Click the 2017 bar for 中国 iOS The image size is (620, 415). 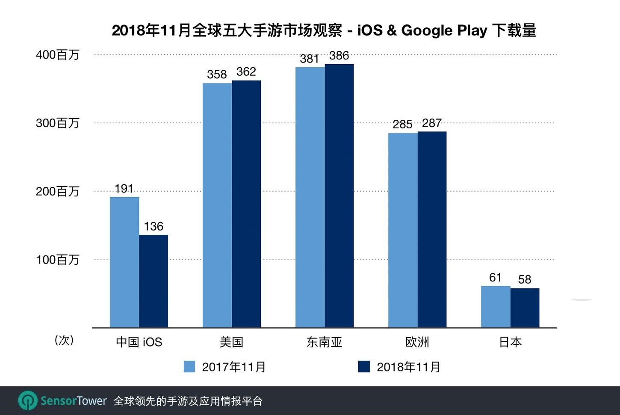124,262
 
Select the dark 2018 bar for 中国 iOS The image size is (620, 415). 154,281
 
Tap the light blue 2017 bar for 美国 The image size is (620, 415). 217,205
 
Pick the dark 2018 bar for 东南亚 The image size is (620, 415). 339,196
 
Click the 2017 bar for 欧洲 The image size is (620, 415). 403,230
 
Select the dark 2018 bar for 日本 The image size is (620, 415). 525,308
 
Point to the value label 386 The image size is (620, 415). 339,56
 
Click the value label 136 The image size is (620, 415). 154,226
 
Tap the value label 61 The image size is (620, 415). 495,278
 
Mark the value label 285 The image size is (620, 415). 402,124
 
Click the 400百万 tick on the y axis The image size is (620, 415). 58,55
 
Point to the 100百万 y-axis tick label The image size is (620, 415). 58,260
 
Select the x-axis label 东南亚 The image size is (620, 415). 324,342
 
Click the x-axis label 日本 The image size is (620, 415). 510,342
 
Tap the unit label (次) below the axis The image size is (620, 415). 64,340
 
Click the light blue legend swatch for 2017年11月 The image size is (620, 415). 189,367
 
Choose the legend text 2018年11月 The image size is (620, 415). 408,367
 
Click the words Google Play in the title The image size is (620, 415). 444,30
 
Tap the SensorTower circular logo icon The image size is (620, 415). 28,401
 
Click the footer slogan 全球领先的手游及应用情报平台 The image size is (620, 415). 188,401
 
